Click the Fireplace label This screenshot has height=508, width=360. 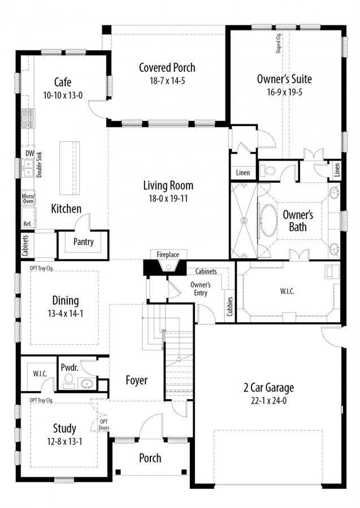point(168,255)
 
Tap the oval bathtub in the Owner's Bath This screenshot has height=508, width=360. point(269,220)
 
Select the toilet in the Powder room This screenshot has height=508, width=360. point(68,381)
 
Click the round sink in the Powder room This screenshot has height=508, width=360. point(87,384)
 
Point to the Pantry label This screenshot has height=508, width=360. point(83,242)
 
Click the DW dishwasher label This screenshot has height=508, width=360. point(29,153)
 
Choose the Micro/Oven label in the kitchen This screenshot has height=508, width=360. point(28,198)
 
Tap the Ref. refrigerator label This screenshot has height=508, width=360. point(27,224)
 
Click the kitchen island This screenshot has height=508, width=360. point(70,168)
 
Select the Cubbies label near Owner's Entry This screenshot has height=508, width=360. point(230,306)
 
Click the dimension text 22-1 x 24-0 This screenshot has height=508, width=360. point(268,401)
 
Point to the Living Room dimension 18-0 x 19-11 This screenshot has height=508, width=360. point(168,198)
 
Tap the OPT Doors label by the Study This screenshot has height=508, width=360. point(104,425)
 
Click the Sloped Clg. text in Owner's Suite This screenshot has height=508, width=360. point(279,43)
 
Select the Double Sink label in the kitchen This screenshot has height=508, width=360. point(39,164)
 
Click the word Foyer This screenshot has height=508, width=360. point(136,380)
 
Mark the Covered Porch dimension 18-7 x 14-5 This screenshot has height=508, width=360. point(167,81)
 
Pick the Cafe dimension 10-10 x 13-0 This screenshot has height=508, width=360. point(63,95)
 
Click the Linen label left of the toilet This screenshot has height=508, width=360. point(242,173)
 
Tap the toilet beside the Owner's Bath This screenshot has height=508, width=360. point(268,170)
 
